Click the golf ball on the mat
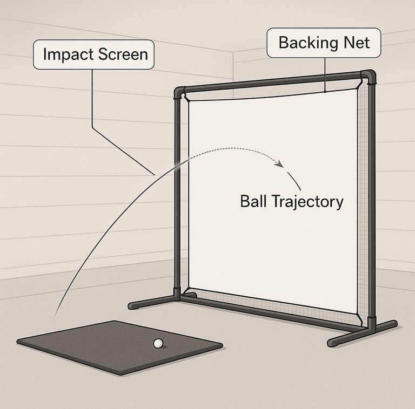[x=158, y=343]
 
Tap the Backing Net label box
[x=323, y=43]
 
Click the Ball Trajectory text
[x=291, y=201]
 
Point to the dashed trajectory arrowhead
[x=280, y=163]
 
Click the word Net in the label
[x=354, y=43]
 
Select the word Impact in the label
[x=67, y=54]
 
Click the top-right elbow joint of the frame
[x=369, y=77]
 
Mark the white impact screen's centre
[x=273, y=202]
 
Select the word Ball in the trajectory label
[x=253, y=201]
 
